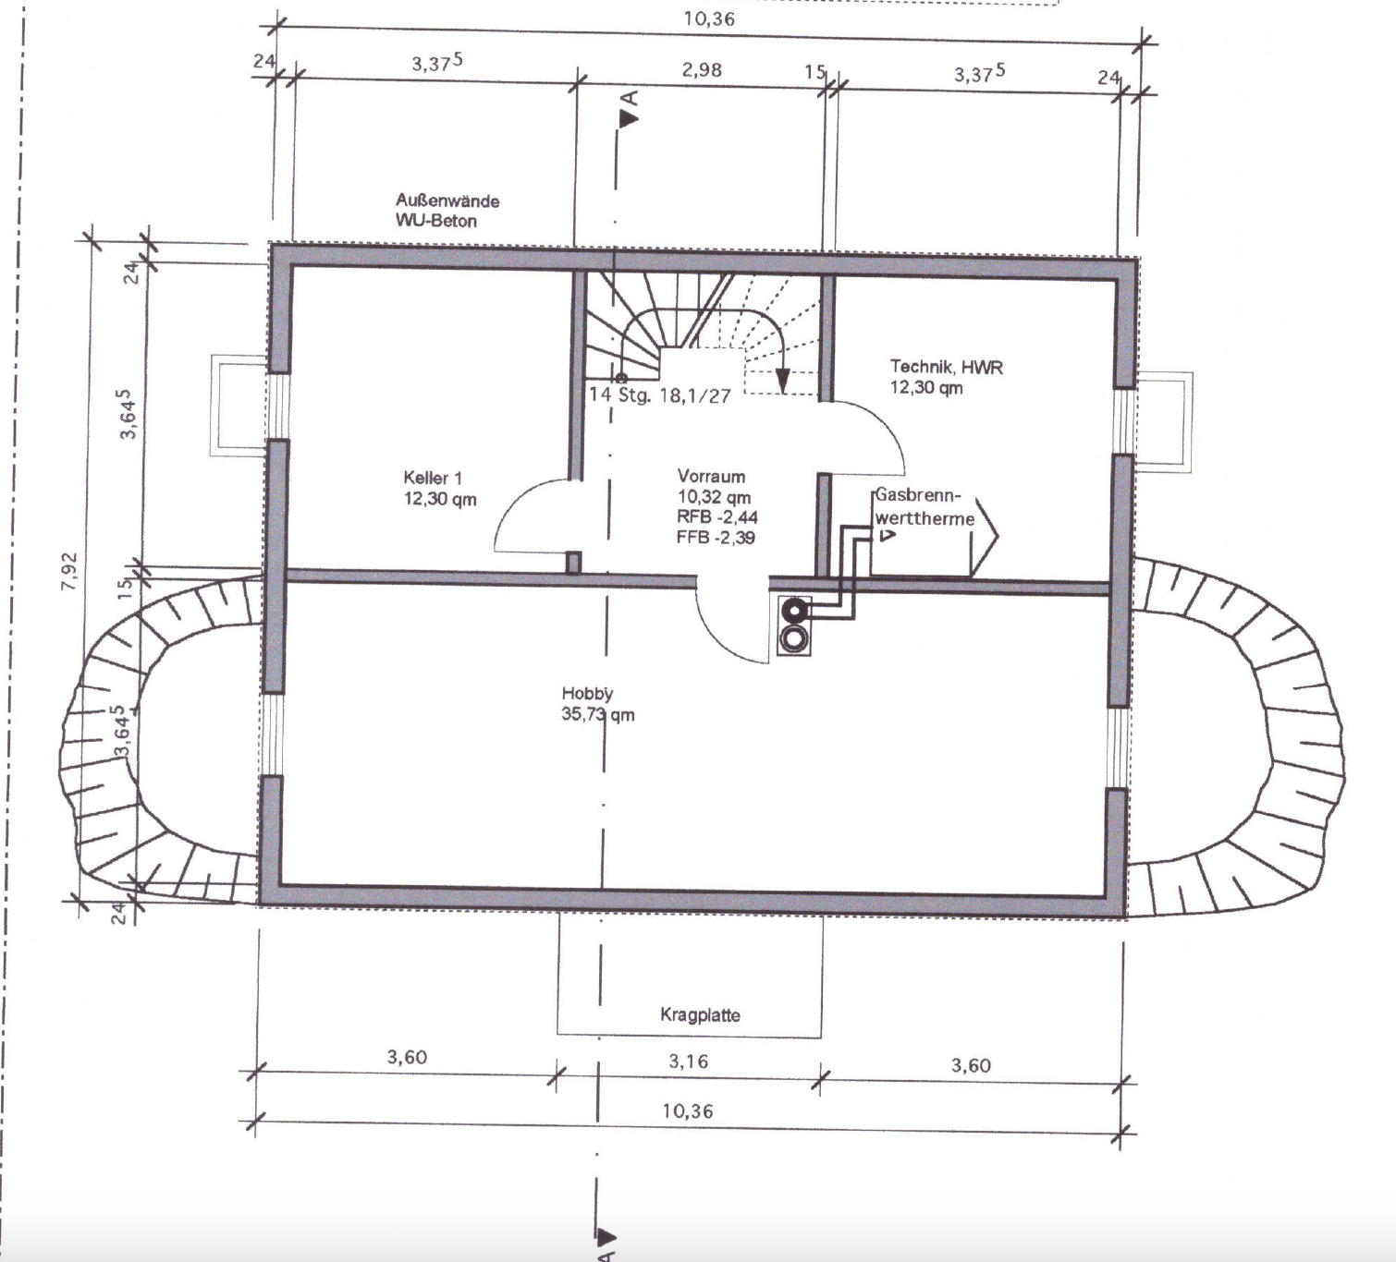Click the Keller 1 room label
click(432, 478)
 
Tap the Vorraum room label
click(711, 477)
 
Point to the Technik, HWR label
click(947, 367)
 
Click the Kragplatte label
click(700, 1015)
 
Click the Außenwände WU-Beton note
click(447, 211)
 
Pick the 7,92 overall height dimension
click(70, 571)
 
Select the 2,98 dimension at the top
click(703, 70)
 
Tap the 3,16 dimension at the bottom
click(688, 1062)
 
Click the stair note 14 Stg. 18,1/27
click(660, 395)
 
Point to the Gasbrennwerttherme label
click(925, 506)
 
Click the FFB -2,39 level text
click(716, 537)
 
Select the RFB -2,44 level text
click(716, 517)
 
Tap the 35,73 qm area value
click(598, 714)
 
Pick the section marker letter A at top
click(630, 98)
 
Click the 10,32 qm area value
click(714, 497)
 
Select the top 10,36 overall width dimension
click(708, 18)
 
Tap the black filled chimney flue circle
click(794, 612)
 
